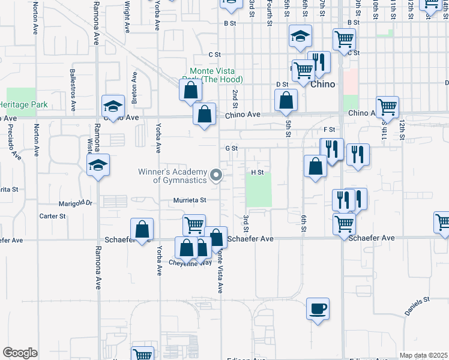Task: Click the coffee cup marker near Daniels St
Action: tap(318, 308)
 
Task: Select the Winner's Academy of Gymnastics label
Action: tap(172, 176)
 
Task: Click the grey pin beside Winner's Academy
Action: tap(217, 176)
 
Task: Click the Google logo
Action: tap(20, 353)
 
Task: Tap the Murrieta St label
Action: tap(190, 200)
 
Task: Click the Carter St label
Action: tap(52, 216)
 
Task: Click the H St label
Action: tap(258, 172)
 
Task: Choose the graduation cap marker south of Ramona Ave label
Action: tap(98, 166)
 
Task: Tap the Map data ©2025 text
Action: tap(423, 356)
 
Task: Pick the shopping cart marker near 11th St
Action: tap(387, 107)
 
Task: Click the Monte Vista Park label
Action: tap(212, 75)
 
